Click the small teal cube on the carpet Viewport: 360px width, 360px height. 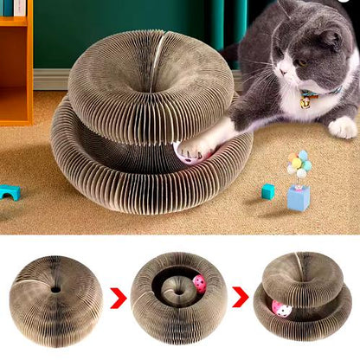click(268, 191)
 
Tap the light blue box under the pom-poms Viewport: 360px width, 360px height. click(298, 197)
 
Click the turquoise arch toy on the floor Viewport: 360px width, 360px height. click(10, 192)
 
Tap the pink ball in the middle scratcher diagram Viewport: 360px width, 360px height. click(200, 283)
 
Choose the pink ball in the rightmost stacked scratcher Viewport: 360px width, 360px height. click(281, 309)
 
